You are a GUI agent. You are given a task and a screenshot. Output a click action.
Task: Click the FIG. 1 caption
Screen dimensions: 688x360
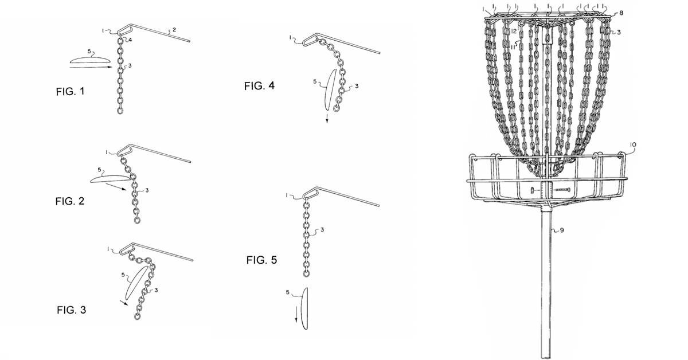tap(70, 92)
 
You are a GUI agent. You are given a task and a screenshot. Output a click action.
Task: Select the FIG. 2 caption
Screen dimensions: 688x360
tap(70, 201)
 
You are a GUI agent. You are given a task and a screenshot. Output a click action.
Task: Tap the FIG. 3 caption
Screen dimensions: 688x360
tap(72, 310)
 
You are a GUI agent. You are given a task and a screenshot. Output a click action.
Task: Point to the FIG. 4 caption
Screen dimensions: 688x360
tap(259, 86)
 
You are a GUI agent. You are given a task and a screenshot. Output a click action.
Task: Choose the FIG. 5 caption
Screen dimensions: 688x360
tap(261, 260)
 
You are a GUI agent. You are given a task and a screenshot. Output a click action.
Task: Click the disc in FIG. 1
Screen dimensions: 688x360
tap(89, 60)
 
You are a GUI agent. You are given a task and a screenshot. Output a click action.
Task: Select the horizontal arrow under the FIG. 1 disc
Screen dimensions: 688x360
tap(91, 67)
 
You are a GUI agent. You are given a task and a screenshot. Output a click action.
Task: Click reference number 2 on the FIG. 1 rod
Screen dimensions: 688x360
tap(174, 30)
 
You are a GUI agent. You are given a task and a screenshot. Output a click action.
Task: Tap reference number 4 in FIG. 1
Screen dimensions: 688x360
tap(130, 40)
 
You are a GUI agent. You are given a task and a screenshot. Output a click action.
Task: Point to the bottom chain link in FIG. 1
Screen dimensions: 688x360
tap(120, 111)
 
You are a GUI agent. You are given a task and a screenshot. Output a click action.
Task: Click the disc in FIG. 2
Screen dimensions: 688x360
tap(110, 178)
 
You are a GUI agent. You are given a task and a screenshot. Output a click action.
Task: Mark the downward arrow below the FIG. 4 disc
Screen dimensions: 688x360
tap(327, 118)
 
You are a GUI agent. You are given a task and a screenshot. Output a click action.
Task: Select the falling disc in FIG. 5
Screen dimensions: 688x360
tap(304, 308)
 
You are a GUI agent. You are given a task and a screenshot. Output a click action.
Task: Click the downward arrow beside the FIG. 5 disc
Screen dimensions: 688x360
tap(296, 316)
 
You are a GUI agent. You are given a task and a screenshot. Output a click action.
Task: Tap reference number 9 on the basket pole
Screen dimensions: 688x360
tap(562, 230)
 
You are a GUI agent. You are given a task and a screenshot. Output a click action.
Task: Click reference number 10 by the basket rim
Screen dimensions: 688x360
tap(633, 144)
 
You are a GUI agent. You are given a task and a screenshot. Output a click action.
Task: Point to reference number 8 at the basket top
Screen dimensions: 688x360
tap(621, 13)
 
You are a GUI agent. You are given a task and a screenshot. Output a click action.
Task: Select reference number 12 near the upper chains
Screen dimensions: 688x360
tap(514, 31)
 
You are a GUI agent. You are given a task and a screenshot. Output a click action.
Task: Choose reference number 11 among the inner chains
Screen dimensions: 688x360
tap(513, 46)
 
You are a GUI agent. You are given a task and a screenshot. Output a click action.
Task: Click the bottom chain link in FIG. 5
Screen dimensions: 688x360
tap(306, 273)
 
